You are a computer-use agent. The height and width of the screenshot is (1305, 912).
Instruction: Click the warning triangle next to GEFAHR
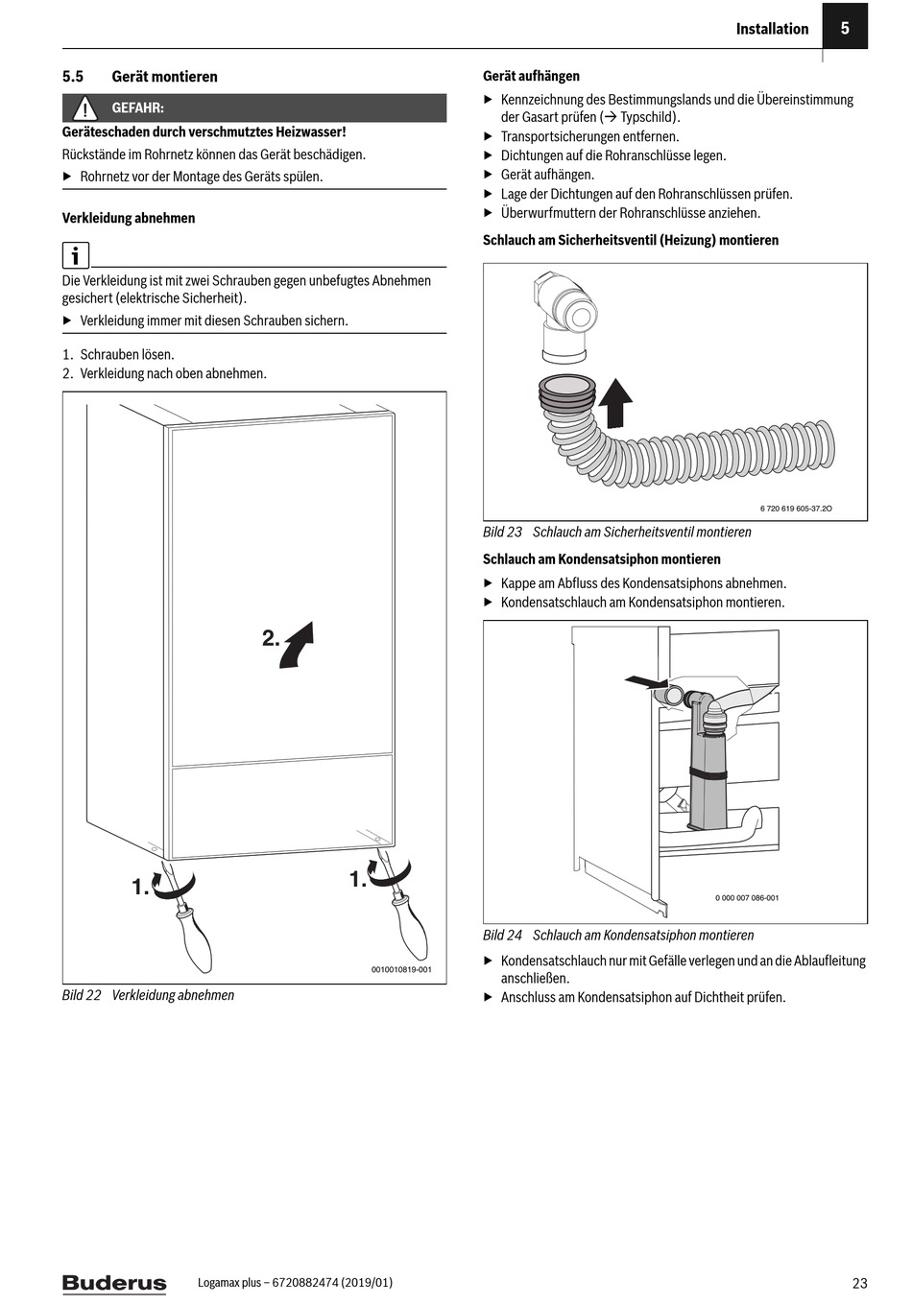point(84,108)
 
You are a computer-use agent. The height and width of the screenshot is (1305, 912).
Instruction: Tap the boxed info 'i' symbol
point(75,255)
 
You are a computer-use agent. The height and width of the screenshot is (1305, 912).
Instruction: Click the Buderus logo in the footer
point(114,1283)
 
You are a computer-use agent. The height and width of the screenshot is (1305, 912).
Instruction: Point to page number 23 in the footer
point(859,1283)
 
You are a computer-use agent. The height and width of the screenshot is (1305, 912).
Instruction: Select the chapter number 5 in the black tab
point(845,28)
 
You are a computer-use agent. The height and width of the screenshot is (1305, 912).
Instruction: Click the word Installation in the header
point(772,29)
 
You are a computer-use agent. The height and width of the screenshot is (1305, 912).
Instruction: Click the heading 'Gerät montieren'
point(164,77)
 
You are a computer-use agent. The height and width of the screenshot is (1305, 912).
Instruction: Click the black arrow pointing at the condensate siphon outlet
point(644,681)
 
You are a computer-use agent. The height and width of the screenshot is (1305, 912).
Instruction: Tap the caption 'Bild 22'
point(82,995)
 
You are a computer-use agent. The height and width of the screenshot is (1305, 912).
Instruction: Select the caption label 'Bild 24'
point(502,935)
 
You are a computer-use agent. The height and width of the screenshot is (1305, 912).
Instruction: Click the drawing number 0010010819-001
point(401,969)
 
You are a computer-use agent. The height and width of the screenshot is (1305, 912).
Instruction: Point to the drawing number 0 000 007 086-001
point(747,898)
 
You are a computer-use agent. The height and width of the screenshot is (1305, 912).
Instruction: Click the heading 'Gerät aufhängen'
point(531,76)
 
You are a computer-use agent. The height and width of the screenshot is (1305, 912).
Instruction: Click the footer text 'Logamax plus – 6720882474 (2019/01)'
point(295,1282)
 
